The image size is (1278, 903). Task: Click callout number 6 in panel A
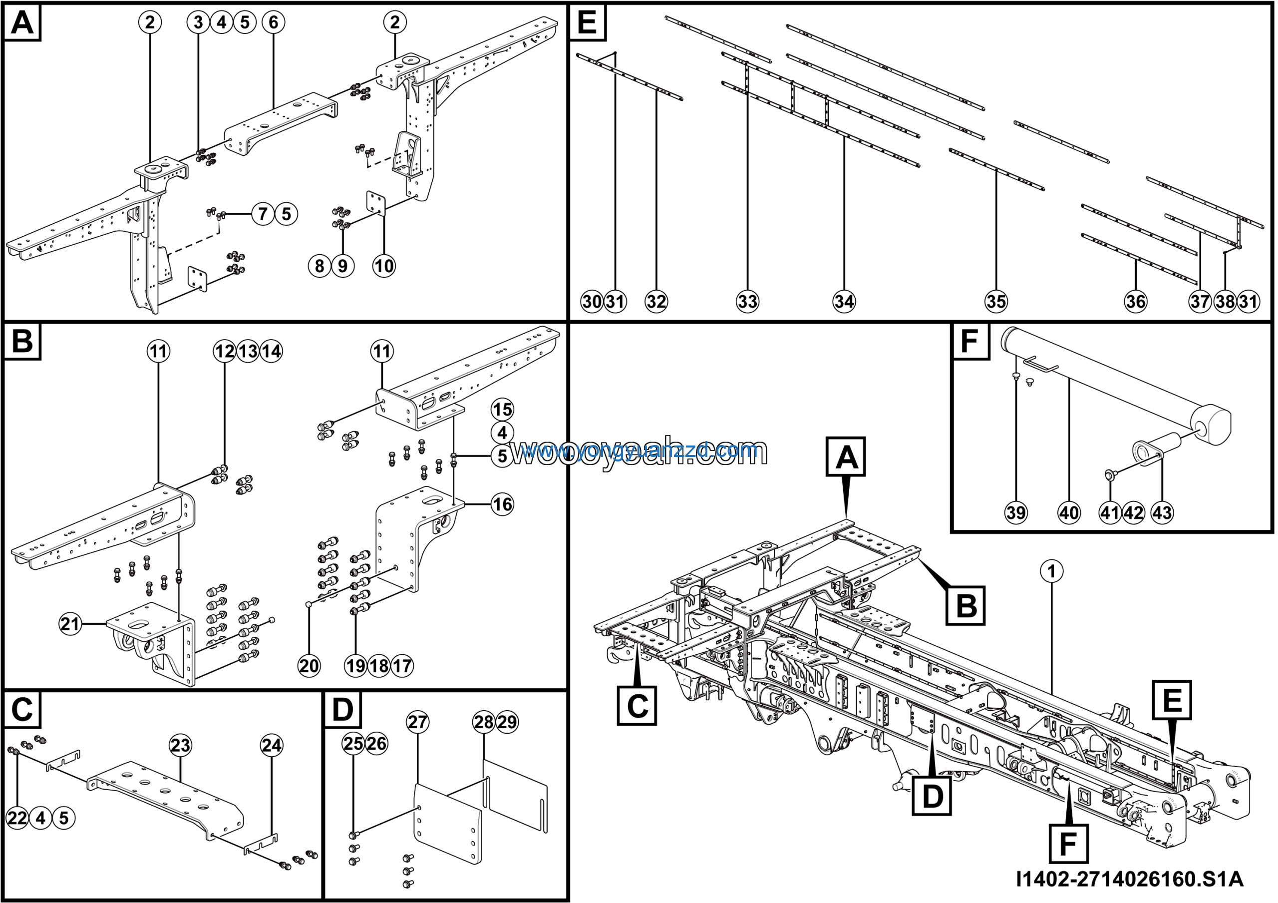pyautogui.click(x=273, y=22)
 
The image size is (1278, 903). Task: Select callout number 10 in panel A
pyautogui.click(x=384, y=266)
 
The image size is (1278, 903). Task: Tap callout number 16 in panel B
pyautogui.click(x=503, y=504)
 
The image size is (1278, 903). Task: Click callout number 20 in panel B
pyautogui.click(x=309, y=666)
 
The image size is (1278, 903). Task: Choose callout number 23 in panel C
pyautogui.click(x=180, y=745)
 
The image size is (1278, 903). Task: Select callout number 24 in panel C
pyautogui.click(x=272, y=745)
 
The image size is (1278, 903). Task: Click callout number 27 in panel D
pyautogui.click(x=417, y=722)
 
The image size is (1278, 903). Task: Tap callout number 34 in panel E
pyautogui.click(x=844, y=302)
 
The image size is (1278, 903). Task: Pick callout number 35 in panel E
pyautogui.click(x=996, y=302)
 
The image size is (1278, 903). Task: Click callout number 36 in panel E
pyautogui.click(x=1136, y=302)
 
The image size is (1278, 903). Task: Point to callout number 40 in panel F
pyautogui.click(x=1069, y=512)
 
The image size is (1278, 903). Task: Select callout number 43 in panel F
pyautogui.click(x=1162, y=512)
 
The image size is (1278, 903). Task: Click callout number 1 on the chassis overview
pyautogui.click(x=1051, y=571)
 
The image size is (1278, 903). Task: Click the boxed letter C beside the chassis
pyautogui.click(x=637, y=706)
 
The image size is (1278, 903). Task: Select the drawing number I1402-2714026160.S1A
pyautogui.click(x=1129, y=879)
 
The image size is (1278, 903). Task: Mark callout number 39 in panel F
pyautogui.click(x=1016, y=512)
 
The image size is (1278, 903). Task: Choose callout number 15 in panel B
pyautogui.click(x=503, y=410)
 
